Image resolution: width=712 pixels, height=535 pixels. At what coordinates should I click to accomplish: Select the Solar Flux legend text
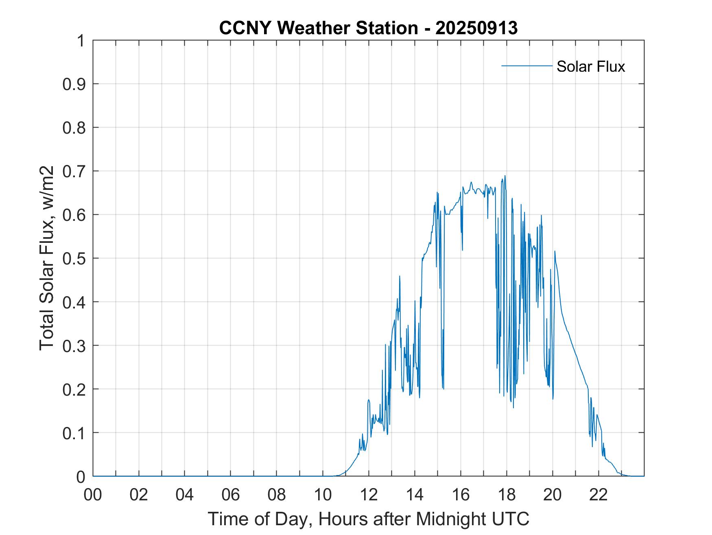pos(590,66)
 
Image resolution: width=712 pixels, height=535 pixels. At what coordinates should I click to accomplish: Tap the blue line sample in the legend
pos(527,66)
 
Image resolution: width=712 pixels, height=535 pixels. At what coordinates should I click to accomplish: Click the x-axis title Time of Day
pos(368,519)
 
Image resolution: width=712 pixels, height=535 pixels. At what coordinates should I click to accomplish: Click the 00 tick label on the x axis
pos(93,495)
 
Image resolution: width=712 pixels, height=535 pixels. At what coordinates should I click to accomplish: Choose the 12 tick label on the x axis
pos(369,495)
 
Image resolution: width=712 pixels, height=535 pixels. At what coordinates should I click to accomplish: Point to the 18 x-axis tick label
pos(507,495)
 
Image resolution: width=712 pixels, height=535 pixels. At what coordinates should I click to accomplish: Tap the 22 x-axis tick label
pos(598,495)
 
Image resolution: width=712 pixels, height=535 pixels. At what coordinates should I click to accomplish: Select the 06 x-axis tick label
pos(231,495)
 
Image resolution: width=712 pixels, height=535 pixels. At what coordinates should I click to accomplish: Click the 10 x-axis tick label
pos(323,495)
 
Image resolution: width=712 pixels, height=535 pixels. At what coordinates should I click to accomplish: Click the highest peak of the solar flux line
pos(505,176)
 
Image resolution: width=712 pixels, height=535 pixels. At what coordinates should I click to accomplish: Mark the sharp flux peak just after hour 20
pos(555,251)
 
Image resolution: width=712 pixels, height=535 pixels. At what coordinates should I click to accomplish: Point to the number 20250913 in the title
pos(476,28)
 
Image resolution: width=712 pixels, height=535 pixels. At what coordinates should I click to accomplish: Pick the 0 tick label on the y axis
pos(81,476)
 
